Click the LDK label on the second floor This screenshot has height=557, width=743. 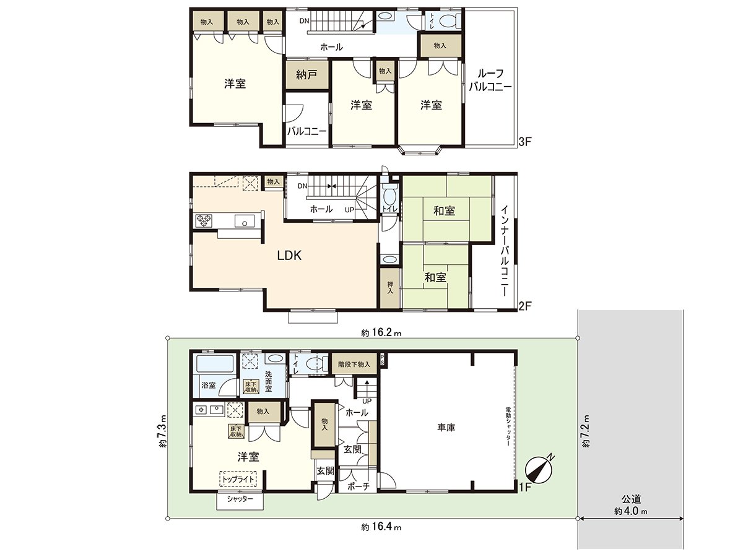[x=289, y=255]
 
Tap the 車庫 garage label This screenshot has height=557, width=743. [x=446, y=427]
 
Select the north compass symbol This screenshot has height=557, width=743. [x=540, y=469]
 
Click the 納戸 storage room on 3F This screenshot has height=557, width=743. [x=306, y=75]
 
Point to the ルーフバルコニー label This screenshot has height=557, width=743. [x=490, y=80]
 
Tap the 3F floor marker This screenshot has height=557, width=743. [x=525, y=142]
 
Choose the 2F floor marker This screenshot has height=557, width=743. [x=525, y=305]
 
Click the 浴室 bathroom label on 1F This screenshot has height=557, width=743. [x=208, y=385]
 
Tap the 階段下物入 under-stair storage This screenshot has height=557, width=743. [x=354, y=365]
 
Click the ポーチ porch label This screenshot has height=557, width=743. [x=358, y=487]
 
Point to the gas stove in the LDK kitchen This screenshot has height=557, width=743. [x=204, y=219]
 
